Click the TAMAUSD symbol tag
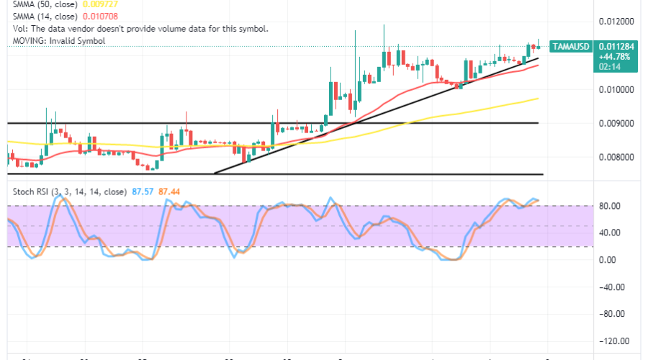pos(571,47)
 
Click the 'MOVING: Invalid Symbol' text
pos(59,41)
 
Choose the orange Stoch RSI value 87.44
pos(169,192)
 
